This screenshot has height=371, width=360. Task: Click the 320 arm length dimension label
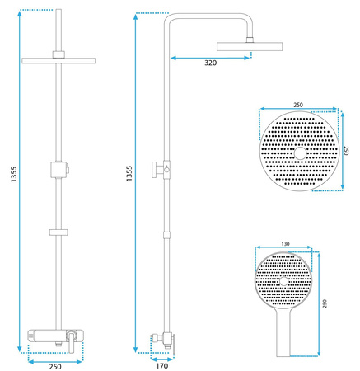pos(210,63)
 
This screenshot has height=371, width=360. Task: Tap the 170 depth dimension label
pos(161,366)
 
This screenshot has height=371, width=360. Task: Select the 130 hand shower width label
pos(285,244)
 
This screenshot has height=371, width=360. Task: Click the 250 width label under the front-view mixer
pos(55,367)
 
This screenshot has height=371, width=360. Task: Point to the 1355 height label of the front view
pos(14,174)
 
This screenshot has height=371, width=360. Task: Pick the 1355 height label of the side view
pos(129,173)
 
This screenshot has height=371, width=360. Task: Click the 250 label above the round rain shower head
pos(298,105)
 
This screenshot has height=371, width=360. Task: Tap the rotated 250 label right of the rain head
pos(346,150)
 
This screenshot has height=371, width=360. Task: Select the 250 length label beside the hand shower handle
pos(325,303)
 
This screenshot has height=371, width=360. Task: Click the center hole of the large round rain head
pos(300,153)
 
